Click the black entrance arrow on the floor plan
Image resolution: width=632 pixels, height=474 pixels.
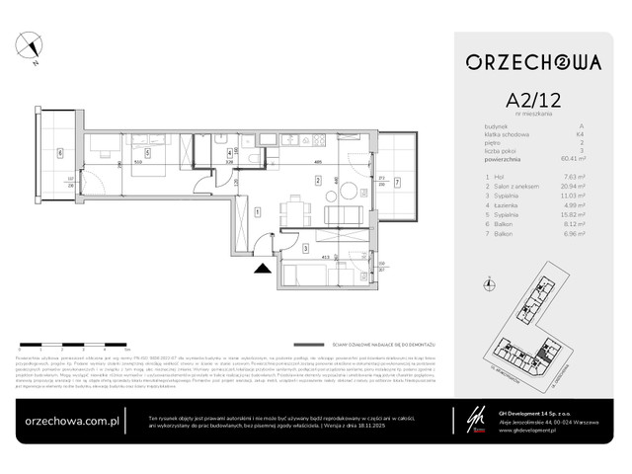point(263,265)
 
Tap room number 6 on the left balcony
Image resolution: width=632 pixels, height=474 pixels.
point(59,153)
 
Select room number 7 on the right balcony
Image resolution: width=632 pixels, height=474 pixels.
point(398,183)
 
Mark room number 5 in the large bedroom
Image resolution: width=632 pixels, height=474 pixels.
point(147,153)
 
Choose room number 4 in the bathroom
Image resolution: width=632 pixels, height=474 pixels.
point(229,153)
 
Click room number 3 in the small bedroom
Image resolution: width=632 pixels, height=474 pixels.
point(306,249)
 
